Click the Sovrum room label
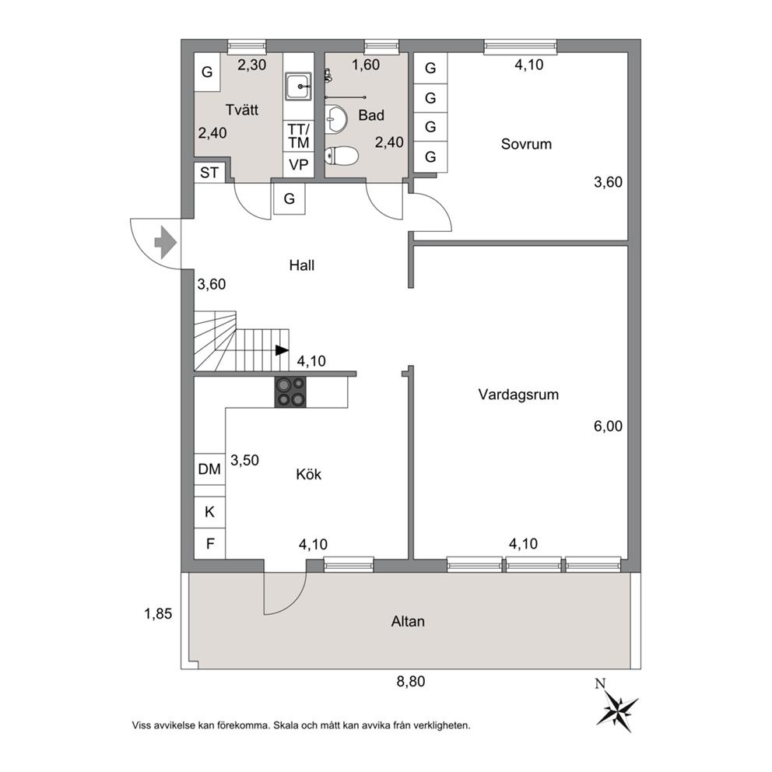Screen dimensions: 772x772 click(x=526, y=144)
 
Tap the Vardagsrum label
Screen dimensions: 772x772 click(x=518, y=395)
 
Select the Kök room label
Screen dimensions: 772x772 click(x=309, y=474)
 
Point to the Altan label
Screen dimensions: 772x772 click(x=408, y=621)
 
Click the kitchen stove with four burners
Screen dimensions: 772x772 click(x=290, y=392)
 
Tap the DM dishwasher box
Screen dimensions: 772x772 click(x=210, y=468)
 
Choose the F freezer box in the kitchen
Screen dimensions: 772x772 click(x=210, y=543)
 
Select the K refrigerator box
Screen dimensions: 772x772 click(x=210, y=512)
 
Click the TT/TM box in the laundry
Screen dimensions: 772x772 click(x=299, y=136)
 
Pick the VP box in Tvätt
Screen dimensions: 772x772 click(x=299, y=164)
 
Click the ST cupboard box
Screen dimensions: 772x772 click(x=210, y=172)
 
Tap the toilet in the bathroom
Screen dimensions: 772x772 click(x=341, y=156)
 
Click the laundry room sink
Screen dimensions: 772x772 click(x=298, y=86)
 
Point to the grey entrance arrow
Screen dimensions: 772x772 click(x=166, y=242)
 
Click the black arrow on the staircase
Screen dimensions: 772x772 click(x=282, y=350)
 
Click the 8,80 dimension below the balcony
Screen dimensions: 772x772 click(x=411, y=682)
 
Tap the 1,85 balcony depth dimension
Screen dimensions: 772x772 click(x=158, y=613)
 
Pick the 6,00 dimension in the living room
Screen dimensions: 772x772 click(x=608, y=426)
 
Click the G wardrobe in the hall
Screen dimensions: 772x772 click(x=289, y=199)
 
